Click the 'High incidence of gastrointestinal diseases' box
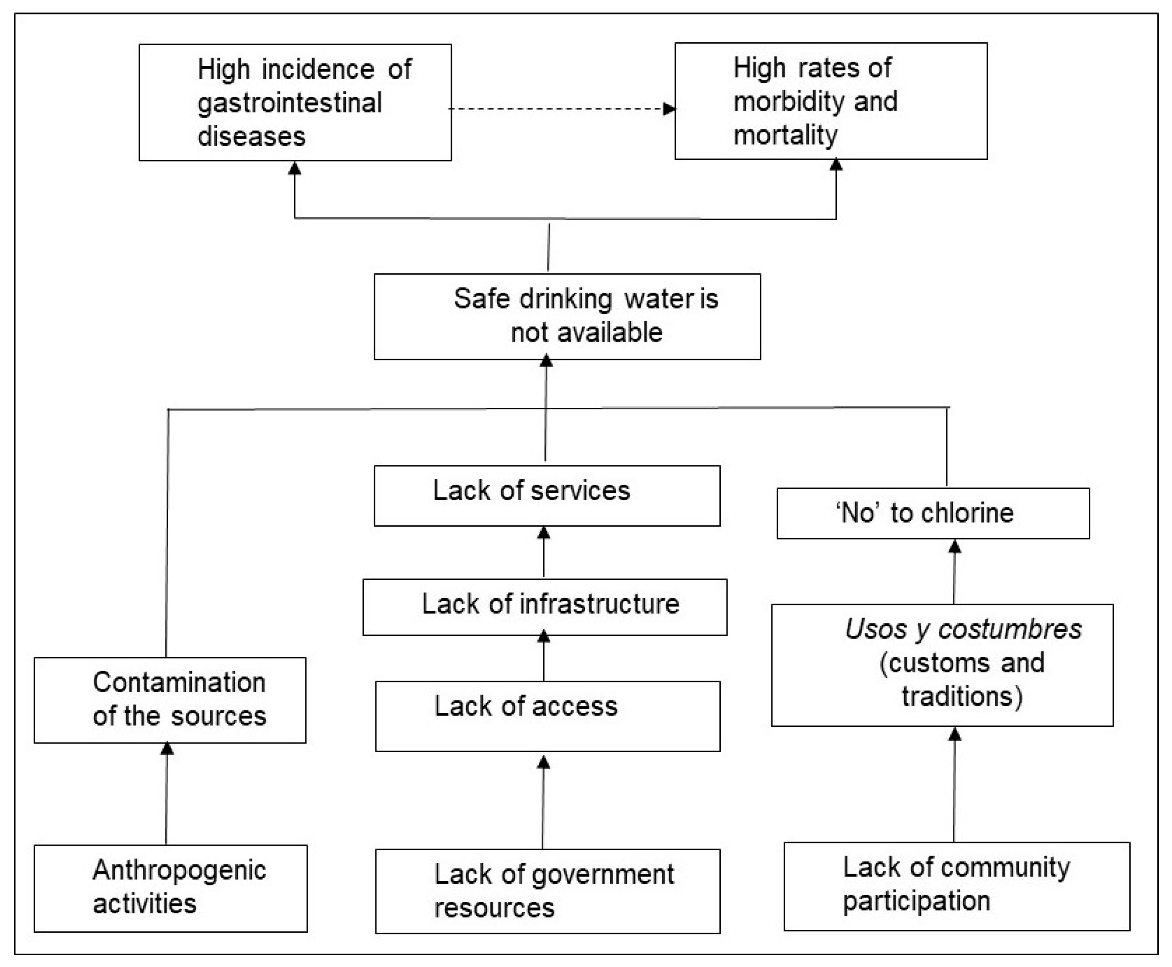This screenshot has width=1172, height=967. pos(295,103)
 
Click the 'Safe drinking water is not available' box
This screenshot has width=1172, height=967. pos(567,316)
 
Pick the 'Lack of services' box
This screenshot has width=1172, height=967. pos(547,496)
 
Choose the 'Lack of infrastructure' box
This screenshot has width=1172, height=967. pos(545,607)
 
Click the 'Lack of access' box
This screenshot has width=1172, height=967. pos(547,716)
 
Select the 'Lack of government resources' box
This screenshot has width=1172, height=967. pos(547,891)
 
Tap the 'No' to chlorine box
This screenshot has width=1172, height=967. pos(933,513)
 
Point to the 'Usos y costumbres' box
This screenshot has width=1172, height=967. pos(942,665)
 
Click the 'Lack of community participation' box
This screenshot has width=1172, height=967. pos(956,886)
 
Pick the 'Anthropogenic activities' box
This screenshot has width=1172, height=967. pos(170,888)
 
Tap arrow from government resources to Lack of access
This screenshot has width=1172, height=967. pos(543,802)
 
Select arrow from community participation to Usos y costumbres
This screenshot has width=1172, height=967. pos(954,785)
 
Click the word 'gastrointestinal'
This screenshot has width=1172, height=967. pos(290,103)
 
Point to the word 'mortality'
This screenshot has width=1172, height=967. pos(785,135)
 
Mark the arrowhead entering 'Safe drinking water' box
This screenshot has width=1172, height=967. pos(547,362)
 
